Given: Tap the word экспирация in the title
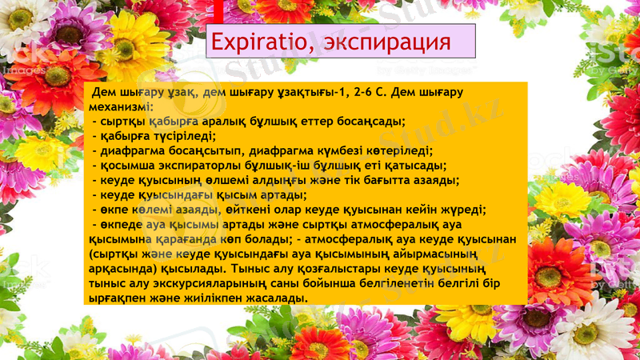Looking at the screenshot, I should tap(383, 42).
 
